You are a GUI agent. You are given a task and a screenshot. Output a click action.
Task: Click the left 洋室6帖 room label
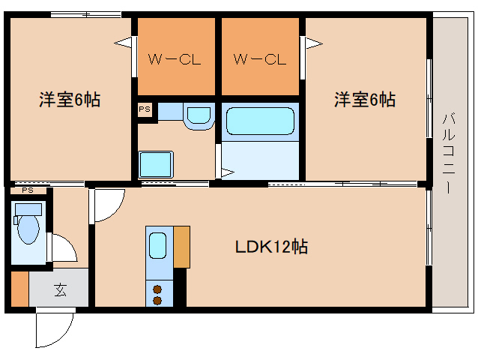[70, 100]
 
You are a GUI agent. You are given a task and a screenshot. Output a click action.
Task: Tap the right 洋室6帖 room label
[365, 99]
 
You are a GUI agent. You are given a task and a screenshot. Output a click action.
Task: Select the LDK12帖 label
[271, 247]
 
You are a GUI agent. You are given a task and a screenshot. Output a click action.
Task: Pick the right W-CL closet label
[259, 59]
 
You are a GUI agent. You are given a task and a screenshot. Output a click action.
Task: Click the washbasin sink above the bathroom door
[199, 116]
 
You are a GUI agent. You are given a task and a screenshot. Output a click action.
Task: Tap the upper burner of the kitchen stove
[158, 288]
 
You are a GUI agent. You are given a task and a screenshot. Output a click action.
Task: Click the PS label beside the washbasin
[145, 109]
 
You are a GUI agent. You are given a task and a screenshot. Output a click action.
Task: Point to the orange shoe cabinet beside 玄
[19, 289]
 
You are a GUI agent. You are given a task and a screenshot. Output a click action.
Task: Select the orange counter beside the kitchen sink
[181, 245]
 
